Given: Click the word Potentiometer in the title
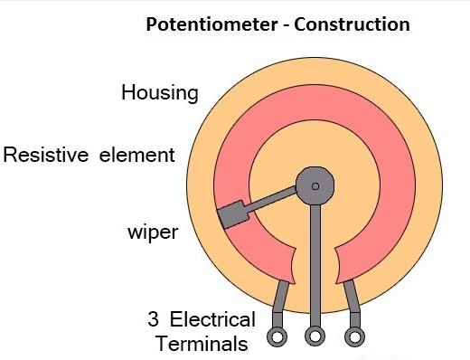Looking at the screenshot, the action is tap(205, 24).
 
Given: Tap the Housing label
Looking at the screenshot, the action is tap(160, 94).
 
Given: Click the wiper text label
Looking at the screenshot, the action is tap(152, 232).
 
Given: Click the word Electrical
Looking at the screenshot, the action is tap(212, 319).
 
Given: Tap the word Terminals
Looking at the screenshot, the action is tap(202, 344).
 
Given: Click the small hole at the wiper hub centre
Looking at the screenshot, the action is tap(315, 186).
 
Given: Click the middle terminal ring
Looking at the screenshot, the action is tap(315, 337).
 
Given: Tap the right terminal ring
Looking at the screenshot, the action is tap(355, 337).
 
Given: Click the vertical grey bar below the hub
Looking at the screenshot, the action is tap(315, 262).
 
